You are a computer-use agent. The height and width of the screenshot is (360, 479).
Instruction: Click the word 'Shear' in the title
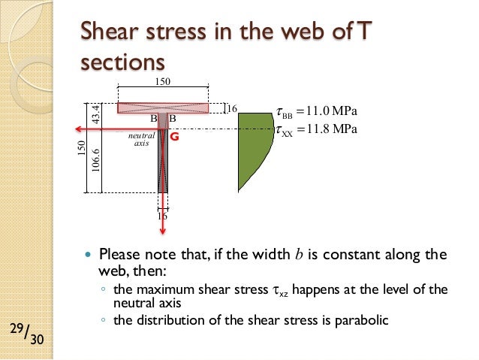107,32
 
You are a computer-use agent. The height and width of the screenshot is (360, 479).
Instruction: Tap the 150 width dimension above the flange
162,81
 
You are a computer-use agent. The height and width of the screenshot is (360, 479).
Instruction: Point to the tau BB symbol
284,114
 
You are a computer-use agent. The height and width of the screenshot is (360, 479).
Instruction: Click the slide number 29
17,328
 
